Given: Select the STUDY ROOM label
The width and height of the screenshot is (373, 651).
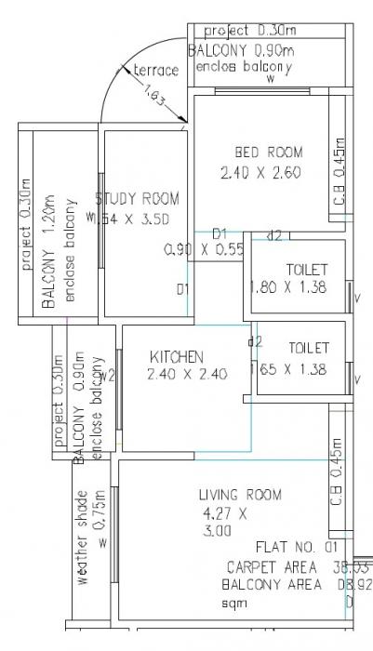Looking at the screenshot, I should tap(138, 198).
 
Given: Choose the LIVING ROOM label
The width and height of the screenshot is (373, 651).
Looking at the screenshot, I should tap(240, 494).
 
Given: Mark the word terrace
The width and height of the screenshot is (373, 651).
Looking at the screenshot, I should tap(156, 71).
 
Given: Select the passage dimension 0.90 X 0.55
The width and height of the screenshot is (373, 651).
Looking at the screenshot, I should tap(204, 249).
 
